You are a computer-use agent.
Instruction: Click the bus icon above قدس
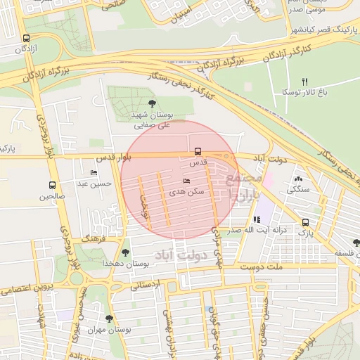click(198, 151)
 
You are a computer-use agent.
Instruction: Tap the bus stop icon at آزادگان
click(26, 39)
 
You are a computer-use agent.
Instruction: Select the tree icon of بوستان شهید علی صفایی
click(153, 104)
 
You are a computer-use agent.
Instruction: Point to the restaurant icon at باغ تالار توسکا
click(304, 81)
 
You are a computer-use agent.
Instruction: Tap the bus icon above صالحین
click(51, 186)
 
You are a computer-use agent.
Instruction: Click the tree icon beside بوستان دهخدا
click(126, 252)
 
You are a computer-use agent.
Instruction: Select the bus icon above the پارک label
click(304, 222)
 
